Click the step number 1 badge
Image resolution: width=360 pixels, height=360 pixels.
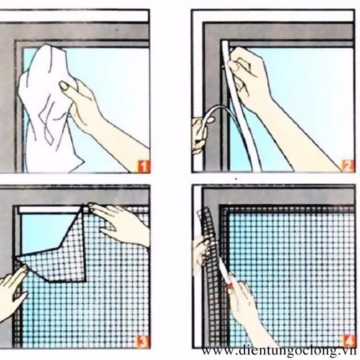click(x=143, y=166)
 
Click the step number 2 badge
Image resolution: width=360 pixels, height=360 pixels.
click(x=347, y=166)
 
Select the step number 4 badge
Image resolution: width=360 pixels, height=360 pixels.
click(x=348, y=341)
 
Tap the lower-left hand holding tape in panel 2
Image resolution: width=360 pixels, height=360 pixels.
click(x=200, y=135)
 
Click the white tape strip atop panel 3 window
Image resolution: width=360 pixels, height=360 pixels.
click(x=49, y=209)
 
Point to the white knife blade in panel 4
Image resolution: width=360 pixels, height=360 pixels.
click(x=223, y=270)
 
